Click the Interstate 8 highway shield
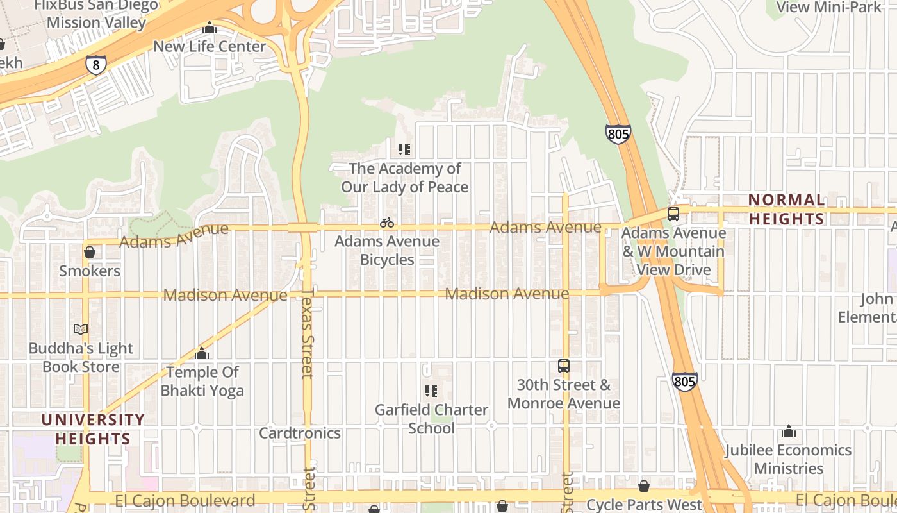[95, 64]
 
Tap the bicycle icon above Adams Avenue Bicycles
[387, 223]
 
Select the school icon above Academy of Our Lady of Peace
[404, 149]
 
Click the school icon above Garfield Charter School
[431, 391]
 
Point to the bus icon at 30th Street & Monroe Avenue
[564, 366]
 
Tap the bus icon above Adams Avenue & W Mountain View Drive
[673, 214]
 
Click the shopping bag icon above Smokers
[90, 252]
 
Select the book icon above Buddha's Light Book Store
[81, 330]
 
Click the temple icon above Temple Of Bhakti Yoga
[202, 353]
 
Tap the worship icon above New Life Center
[210, 28]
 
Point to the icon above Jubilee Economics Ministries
[789, 431]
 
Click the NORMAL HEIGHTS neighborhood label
[787, 210]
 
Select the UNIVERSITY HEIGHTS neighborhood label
[93, 429]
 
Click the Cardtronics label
[300, 433]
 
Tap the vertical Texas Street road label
[308, 333]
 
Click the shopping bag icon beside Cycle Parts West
[644, 486]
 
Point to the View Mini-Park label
[829, 7]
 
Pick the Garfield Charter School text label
[431, 419]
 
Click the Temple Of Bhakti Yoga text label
[202, 381]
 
